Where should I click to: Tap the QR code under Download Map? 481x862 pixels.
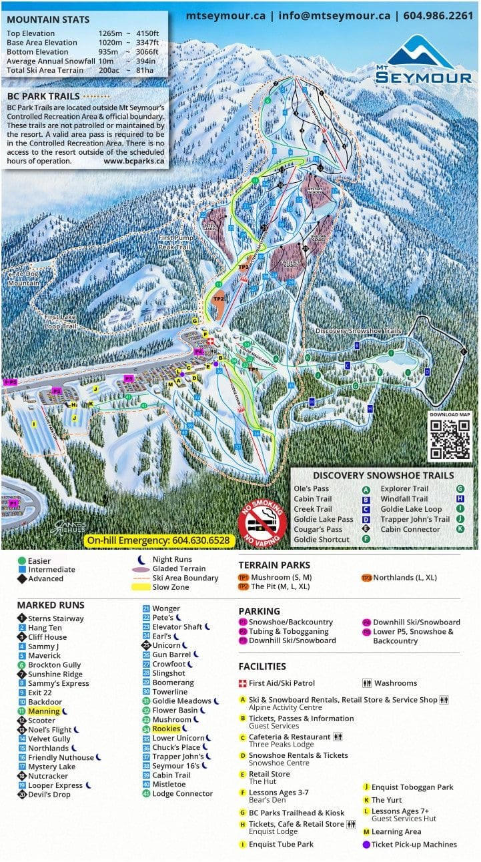(450, 440)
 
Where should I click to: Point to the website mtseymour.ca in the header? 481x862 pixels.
(225, 15)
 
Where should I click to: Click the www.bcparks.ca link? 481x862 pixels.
(134, 161)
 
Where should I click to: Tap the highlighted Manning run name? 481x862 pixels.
(44, 711)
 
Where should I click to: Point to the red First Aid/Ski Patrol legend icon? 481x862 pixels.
(243, 683)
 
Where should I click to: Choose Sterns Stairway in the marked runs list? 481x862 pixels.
(55, 618)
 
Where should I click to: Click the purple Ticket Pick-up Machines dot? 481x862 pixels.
(366, 844)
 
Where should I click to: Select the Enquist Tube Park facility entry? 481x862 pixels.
(281, 844)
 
